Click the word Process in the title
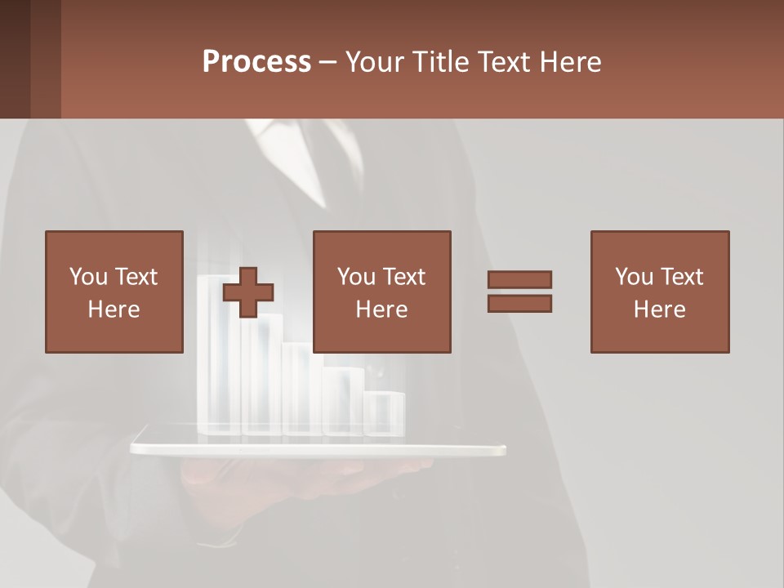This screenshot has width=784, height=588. [x=256, y=62]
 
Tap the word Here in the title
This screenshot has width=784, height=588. [x=570, y=62]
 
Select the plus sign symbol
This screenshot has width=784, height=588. [x=248, y=292]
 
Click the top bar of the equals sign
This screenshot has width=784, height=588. [x=519, y=279]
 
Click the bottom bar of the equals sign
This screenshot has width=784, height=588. [x=519, y=303]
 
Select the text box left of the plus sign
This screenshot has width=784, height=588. [x=114, y=292]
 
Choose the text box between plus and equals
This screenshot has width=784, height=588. [x=382, y=292]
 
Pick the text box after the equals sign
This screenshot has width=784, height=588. [x=660, y=292]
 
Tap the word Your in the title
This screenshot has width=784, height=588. [x=375, y=62]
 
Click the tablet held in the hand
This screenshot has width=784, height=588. [x=318, y=448]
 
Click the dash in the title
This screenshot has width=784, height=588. [x=327, y=62]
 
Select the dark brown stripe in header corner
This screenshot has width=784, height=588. [x=15, y=59]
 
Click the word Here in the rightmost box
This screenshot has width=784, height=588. [x=660, y=310]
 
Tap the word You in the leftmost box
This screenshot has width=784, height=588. [x=88, y=277]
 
